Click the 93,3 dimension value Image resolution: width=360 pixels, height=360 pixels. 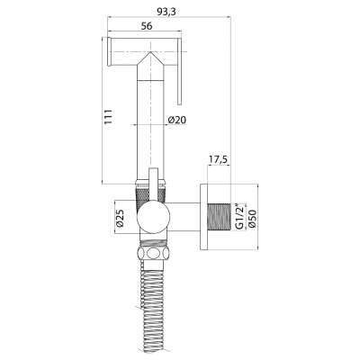tap(166, 12)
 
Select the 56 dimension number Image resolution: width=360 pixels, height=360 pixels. tap(147, 26)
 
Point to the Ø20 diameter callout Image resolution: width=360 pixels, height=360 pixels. tap(177, 120)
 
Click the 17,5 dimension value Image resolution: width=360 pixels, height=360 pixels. tap(218, 160)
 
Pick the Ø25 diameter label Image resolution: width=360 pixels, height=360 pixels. tap(120, 218)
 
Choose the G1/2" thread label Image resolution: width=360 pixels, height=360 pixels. tap(238, 217)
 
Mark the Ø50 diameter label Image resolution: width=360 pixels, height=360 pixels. tap(252, 218)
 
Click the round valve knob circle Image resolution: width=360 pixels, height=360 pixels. tap(154, 217)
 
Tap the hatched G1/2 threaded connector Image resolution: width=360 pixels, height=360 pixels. tap(219, 217)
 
